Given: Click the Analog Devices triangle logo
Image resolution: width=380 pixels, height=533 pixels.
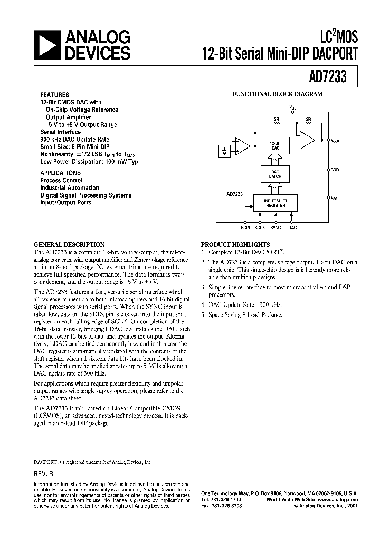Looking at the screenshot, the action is (x=46, y=45).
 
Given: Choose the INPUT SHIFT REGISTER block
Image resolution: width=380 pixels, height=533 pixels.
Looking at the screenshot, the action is (x=275, y=203).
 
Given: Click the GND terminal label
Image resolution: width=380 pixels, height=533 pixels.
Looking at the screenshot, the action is (x=334, y=170).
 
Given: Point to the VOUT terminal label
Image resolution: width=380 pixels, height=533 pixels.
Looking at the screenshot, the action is (x=335, y=141).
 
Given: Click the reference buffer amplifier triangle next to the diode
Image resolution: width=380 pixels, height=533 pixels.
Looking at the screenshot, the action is (x=242, y=146).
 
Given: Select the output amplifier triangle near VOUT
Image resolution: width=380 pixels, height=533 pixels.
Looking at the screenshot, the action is (x=307, y=140).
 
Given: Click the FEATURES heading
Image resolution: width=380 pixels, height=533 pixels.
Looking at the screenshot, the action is (x=54, y=95).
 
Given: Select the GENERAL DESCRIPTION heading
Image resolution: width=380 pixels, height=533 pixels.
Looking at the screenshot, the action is (x=69, y=245).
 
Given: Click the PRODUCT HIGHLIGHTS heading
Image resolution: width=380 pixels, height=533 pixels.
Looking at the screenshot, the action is (x=235, y=245).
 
